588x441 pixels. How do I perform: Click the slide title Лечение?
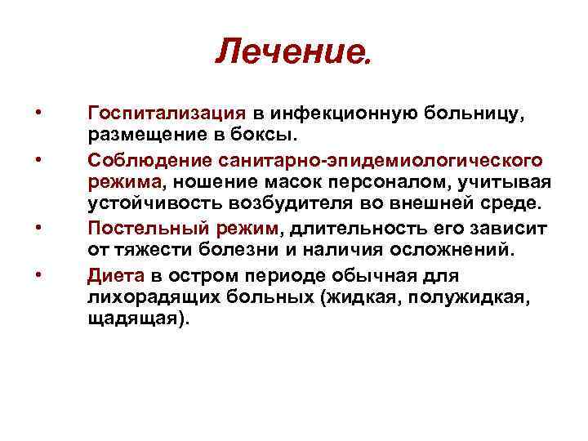click(295, 53)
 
